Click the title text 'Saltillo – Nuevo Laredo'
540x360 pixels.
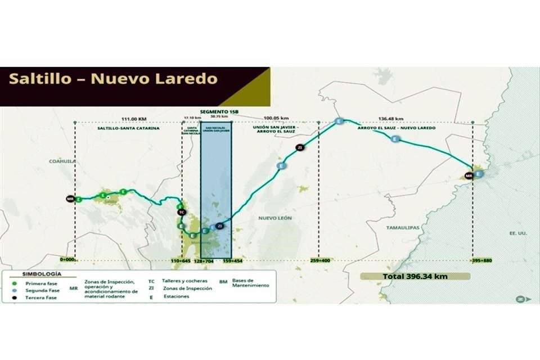112,78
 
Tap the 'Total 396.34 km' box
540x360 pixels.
415,276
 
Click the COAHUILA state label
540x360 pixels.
62,161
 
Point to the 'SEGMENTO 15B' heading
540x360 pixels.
217,112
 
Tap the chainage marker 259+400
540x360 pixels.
319,261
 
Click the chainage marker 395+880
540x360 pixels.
481,261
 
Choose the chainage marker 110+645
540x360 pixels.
181,261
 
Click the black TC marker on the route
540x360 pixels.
181,212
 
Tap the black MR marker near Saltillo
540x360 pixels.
70,199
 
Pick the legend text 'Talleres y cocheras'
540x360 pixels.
184,280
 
